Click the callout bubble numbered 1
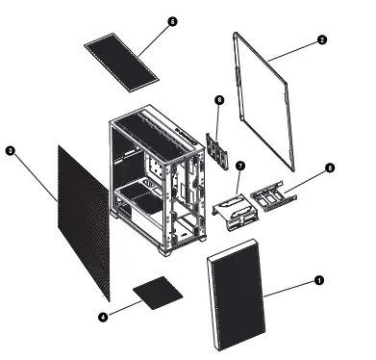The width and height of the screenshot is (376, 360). point(319,280)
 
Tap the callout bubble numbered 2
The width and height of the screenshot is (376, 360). point(321,40)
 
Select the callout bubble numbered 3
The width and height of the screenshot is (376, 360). point(9,151)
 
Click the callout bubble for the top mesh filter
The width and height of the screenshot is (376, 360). point(172,20)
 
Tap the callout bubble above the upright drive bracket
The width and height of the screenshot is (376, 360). point(219,99)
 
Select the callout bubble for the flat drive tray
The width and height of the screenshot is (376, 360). point(330,167)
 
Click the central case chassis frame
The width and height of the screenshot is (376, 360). point(154,183)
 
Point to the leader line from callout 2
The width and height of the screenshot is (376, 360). point(295,51)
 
